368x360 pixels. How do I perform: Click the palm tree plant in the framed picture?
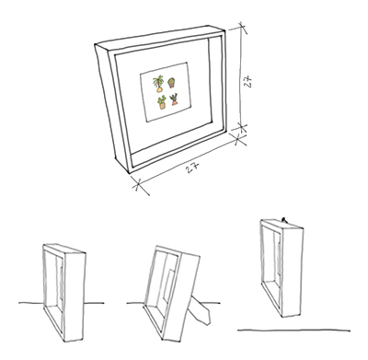click(x=158, y=81)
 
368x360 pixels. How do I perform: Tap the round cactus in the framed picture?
click(x=171, y=81)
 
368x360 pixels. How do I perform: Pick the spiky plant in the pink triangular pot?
click(x=174, y=98)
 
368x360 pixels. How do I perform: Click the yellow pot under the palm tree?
click(x=159, y=89)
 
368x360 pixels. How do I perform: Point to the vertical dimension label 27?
click(x=248, y=81)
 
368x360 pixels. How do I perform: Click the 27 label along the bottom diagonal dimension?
click(x=193, y=168)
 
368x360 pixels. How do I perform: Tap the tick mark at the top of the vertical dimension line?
click(x=243, y=27)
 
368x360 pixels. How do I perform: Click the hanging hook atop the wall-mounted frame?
click(x=284, y=220)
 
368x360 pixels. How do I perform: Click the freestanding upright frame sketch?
click(x=64, y=293)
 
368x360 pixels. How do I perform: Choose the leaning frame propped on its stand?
click(x=172, y=293)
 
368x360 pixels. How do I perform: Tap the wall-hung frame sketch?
click(x=282, y=268)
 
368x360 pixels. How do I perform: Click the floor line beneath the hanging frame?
click(x=293, y=331)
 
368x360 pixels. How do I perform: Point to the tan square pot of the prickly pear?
click(x=162, y=106)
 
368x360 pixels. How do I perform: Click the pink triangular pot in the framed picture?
click(x=175, y=103)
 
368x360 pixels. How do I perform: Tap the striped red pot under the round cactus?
click(x=172, y=85)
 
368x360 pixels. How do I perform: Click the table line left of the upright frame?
click(x=31, y=303)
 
